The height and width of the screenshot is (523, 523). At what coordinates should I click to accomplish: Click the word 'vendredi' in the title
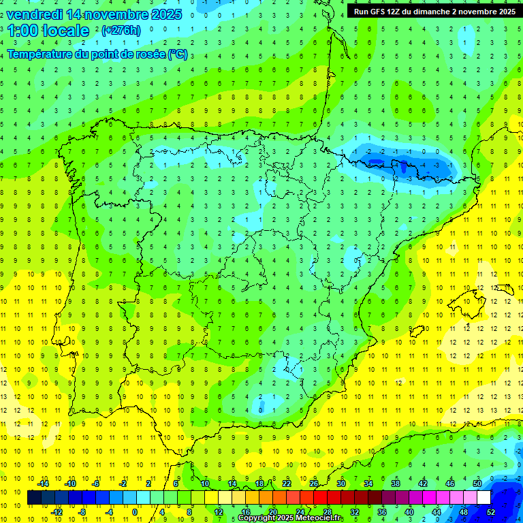[x=33, y=14]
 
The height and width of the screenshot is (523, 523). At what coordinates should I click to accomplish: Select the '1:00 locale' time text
[x=48, y=31]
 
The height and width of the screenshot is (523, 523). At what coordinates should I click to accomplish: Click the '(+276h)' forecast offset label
[x=121, y=31]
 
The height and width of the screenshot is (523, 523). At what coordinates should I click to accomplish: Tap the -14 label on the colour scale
[x=43, y=484]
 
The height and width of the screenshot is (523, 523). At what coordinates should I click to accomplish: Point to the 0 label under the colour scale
[x=135, y=512]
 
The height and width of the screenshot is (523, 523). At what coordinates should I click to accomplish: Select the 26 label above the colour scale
[x=314, y=484]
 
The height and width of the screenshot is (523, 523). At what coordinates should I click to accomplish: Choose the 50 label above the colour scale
[x=477, y=484]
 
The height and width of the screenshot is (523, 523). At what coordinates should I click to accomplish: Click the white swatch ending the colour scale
[x=484, y=498]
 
